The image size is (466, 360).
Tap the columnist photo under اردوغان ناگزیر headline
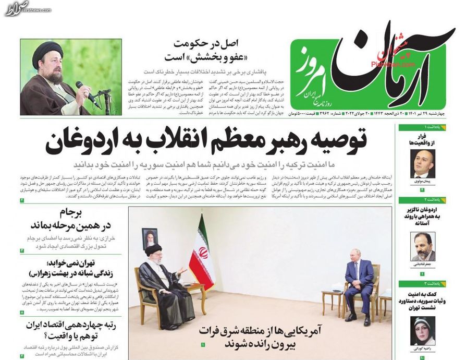422,246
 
